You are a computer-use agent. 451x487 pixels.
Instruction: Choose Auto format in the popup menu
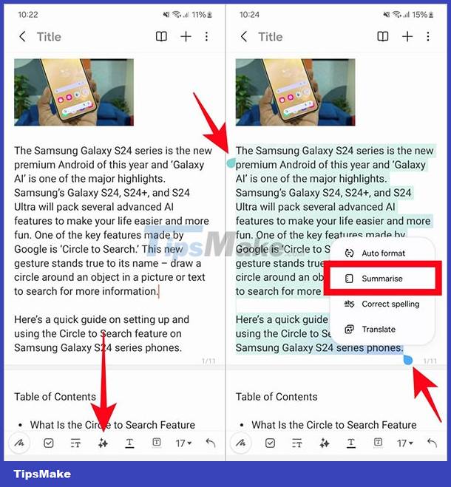(x=383, y=253)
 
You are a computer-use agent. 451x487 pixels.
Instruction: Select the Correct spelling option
(x=390, y=304)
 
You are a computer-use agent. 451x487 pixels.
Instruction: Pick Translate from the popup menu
(x=378, y=329)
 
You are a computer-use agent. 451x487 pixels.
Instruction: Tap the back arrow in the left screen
(x=22, y=37)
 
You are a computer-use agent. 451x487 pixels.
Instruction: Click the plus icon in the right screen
(x=407, y=37)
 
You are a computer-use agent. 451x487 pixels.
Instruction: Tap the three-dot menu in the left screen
(x=206, y=37)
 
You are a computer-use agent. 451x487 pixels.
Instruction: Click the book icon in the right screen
(x=382, y=37)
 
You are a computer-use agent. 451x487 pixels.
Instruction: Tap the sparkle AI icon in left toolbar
(x=103, y=443)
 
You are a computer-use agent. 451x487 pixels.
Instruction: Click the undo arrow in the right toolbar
(x=432, y=443)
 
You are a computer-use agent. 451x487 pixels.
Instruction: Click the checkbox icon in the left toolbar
(x=48, y=443)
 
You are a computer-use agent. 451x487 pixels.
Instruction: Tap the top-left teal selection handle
(x=231, y=163)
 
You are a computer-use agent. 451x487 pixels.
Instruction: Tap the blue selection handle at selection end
(x=407, y=360)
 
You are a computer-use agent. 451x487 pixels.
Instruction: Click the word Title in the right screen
(x=270, y=37)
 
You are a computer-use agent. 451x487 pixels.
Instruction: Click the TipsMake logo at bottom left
(x=40, y=473)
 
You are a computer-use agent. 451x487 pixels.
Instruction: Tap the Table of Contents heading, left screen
(x=55, y=397)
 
